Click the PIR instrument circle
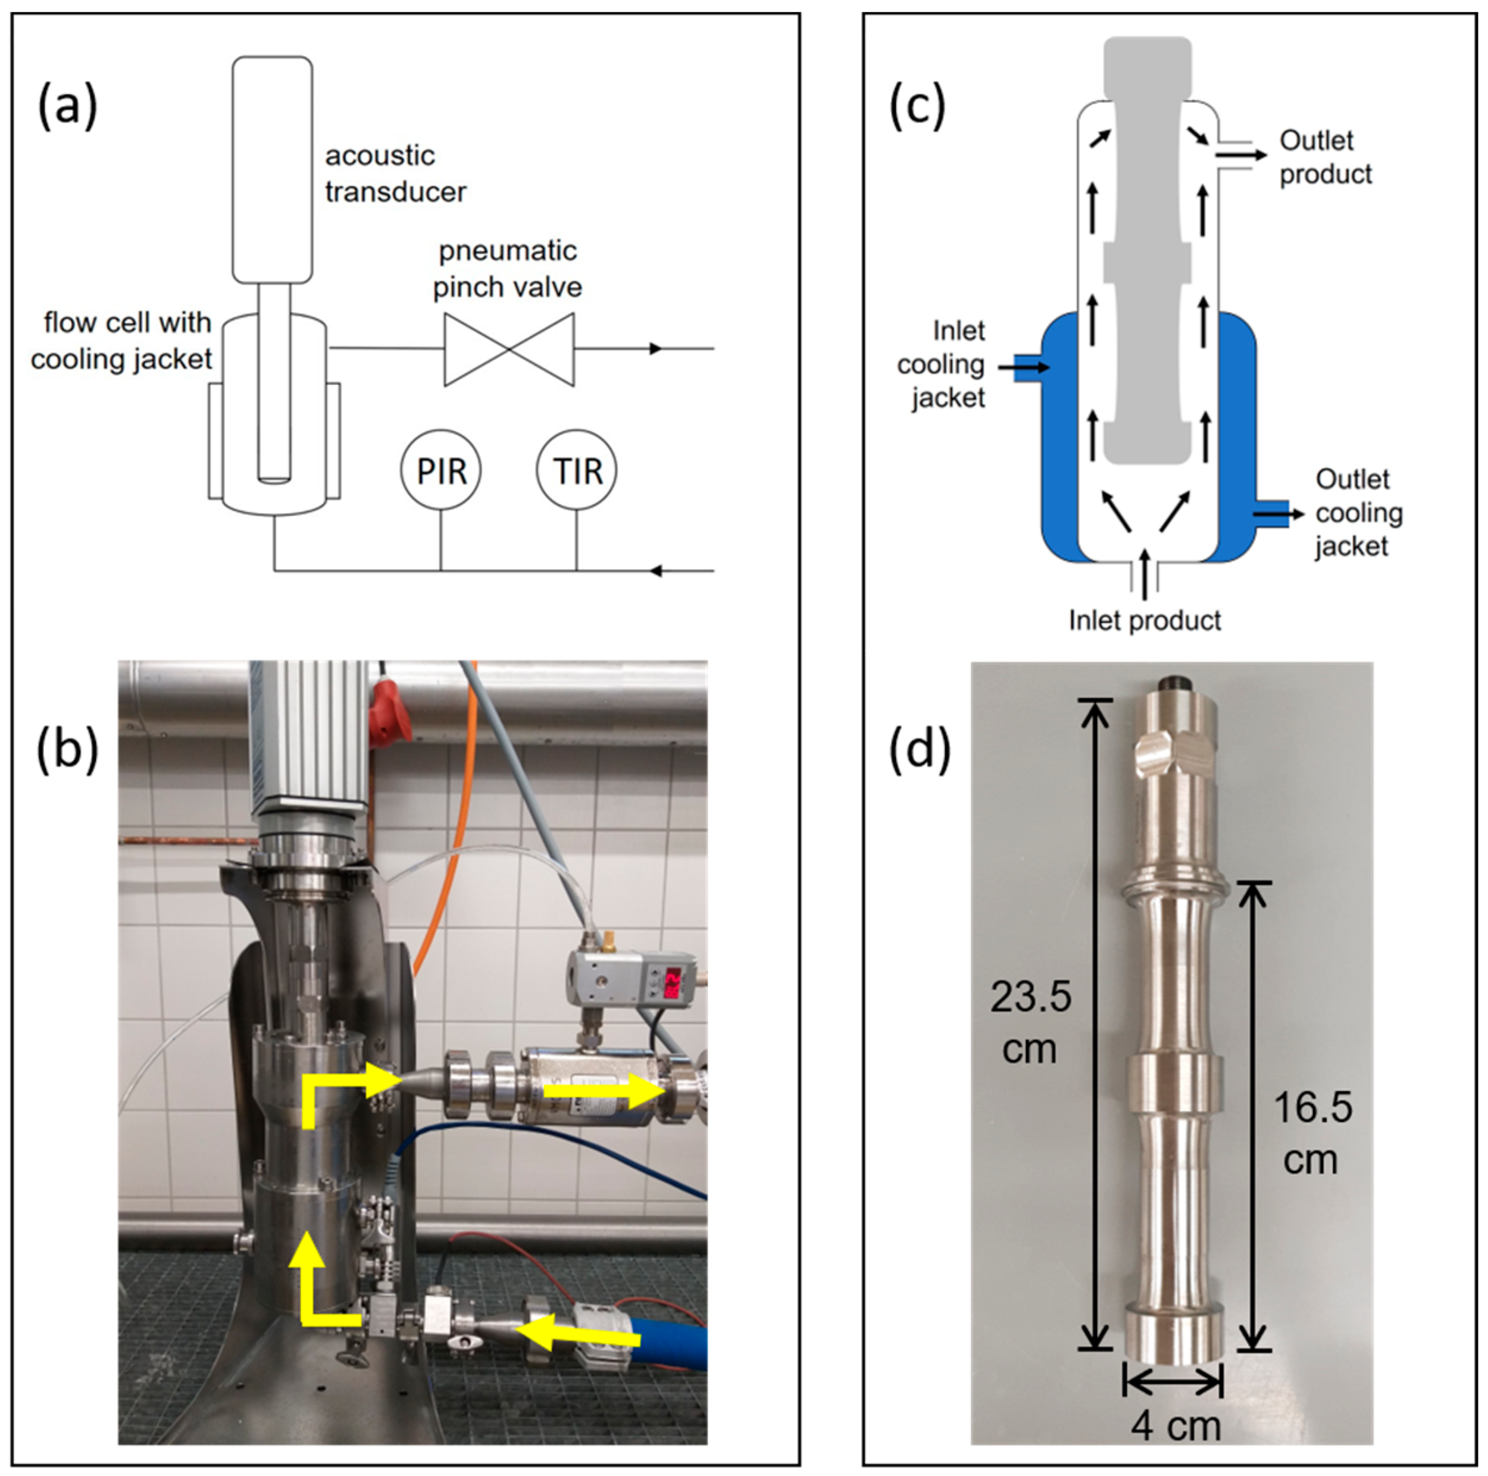click(440, 470)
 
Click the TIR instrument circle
click(576, 470)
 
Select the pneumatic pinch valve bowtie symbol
click(509, 349)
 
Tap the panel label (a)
click(68, 105)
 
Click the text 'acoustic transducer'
click(395, 173)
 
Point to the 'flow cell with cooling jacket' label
click(121, 341)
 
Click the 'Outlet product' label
click(1325, 157)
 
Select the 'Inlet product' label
click(1145, 620)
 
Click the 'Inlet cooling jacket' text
click(943, 364)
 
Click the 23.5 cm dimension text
click(1030, 1022)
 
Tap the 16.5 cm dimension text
click(1312, 1133)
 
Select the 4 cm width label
click(1176, 1426)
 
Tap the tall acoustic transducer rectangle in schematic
click(273, 170)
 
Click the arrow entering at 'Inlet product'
click(1145, 574)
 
